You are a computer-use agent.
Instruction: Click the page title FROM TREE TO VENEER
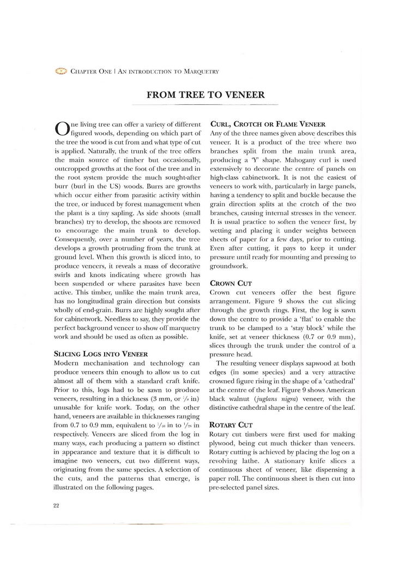point(205,94)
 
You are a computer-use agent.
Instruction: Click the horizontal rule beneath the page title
point(205,104)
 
